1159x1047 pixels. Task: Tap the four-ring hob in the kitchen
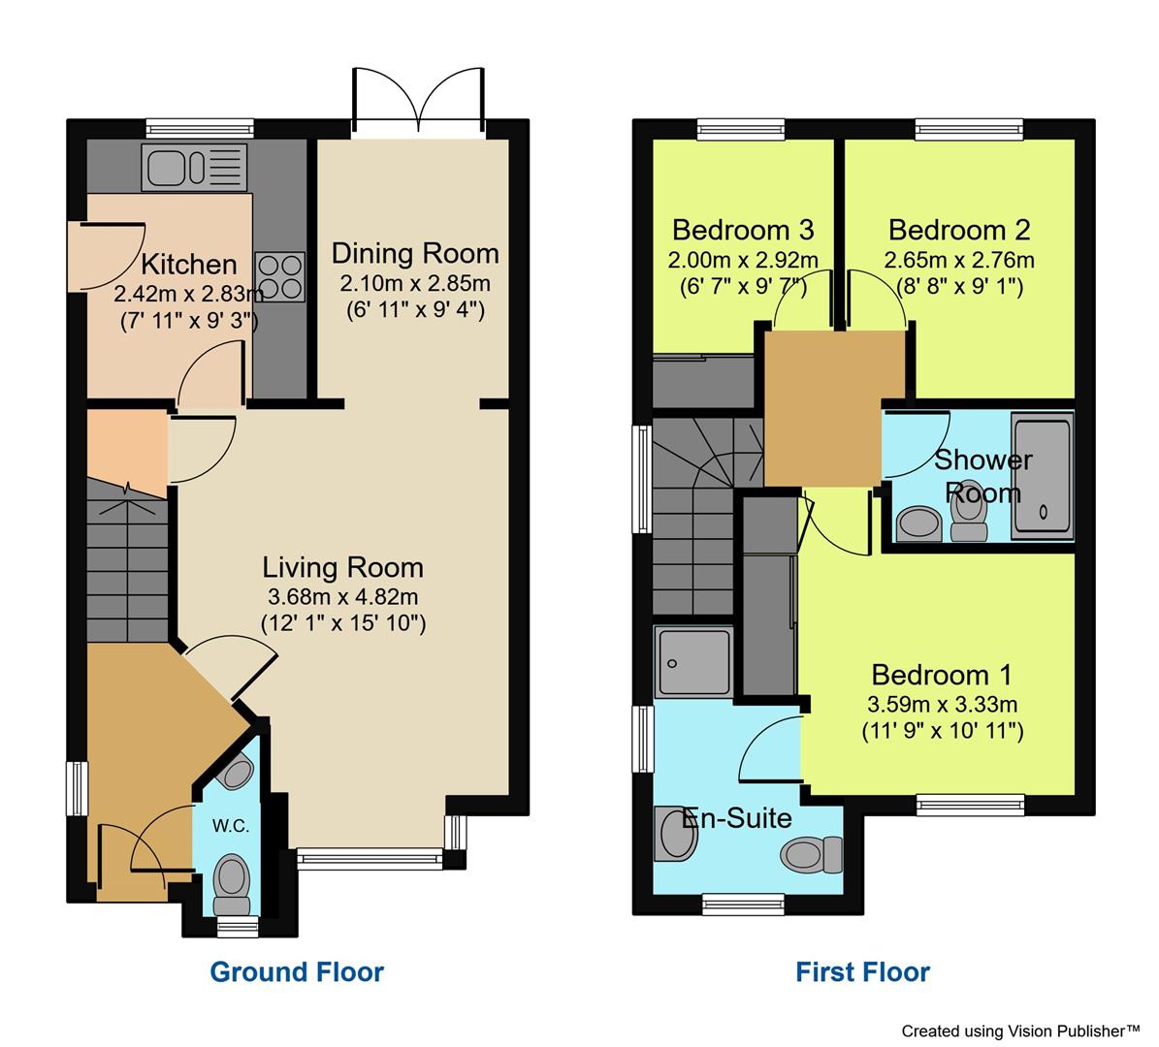[x=279, y=274]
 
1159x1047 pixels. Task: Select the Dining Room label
[x=415, y=254]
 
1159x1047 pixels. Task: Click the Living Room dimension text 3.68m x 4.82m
[x=343, y=596]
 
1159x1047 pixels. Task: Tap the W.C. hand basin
[x=235, y=772]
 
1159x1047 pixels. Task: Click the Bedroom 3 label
[x=742, y=231]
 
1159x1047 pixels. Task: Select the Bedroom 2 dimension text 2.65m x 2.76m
[x=958, y=261]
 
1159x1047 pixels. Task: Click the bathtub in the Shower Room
[x=1043, y=475]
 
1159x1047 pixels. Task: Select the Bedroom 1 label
[x=941, y=675]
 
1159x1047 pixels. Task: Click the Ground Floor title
[x=297, y=971]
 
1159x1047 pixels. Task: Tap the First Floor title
[x=862, y=971]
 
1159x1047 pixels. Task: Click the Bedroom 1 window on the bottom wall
[x=971, y=803]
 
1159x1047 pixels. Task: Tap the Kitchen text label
[x=189, y=264]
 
